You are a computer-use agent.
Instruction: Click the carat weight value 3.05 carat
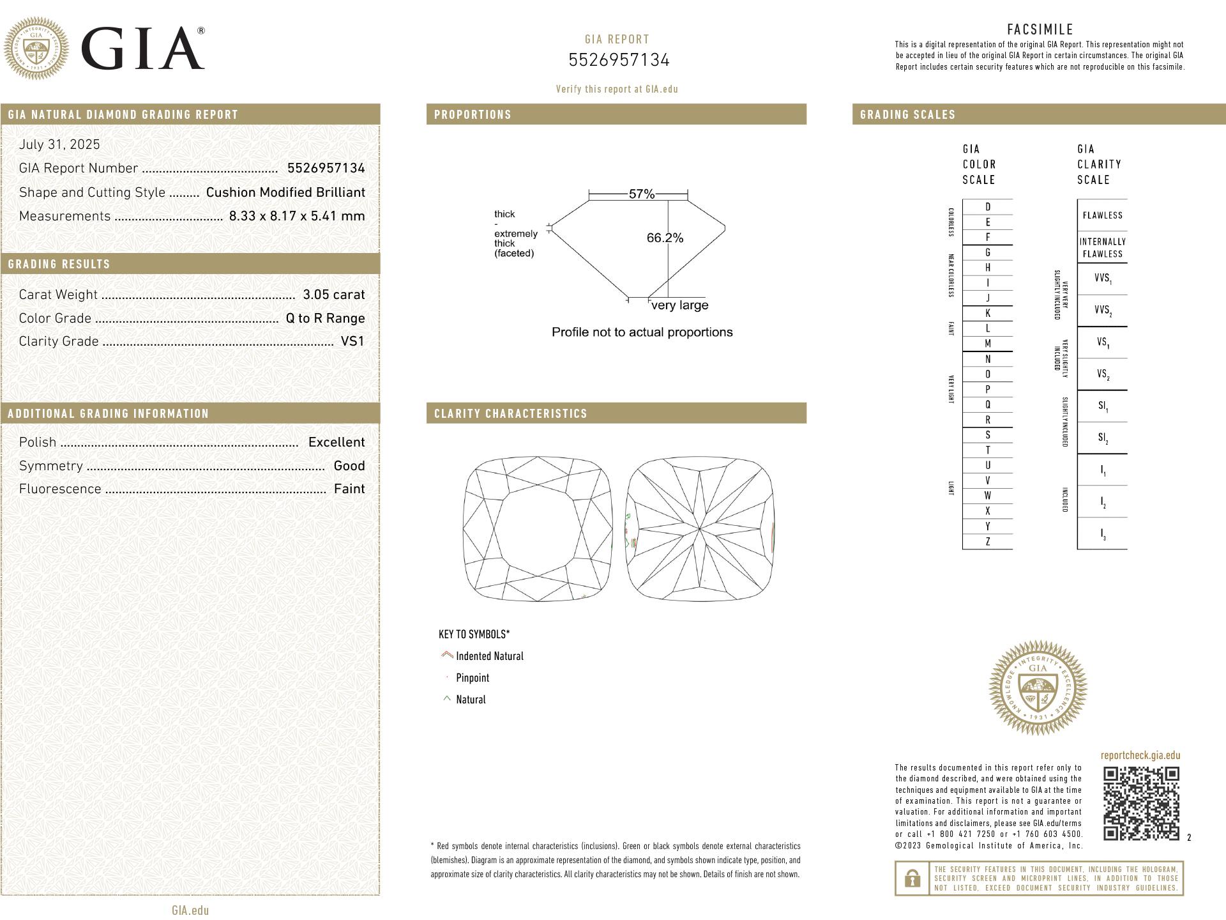click(x=333, y=295)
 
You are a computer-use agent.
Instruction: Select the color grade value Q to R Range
click(x=325, y=318)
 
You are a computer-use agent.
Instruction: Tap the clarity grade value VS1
click(x=352, y=341)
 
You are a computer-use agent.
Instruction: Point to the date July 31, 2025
click(x=59, y=144)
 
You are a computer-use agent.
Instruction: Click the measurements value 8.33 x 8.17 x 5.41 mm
click(x=297, y=216)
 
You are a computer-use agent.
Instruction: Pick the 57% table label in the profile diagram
click(x=641, y=194)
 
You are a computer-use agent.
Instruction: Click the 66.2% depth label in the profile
click(x=665, y=238)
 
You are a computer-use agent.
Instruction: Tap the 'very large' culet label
click(x=679, y=305)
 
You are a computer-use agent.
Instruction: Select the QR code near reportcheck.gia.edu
click(x=1141, y=803)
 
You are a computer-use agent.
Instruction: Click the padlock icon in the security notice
click(x=912, y=879)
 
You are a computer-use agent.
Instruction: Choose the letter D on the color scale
click(x=988, y=206)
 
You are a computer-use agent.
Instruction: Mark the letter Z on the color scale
click(x=988, y=542)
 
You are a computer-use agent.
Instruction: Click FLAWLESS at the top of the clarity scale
click(x=1102, y=215)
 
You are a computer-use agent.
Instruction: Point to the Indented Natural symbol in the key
click(x=447, y=655)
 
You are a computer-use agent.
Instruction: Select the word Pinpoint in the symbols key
click(x=473, y=678)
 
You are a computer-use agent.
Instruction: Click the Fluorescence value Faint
click(x=349, y=489)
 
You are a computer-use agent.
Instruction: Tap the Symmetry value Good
click(x=349, y=466)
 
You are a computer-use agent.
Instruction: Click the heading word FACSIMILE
click(x=1040, y=29)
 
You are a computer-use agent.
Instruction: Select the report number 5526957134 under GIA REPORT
click(x=619, y=60)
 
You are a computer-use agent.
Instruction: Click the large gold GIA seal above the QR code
click(x=1038, y=687)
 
